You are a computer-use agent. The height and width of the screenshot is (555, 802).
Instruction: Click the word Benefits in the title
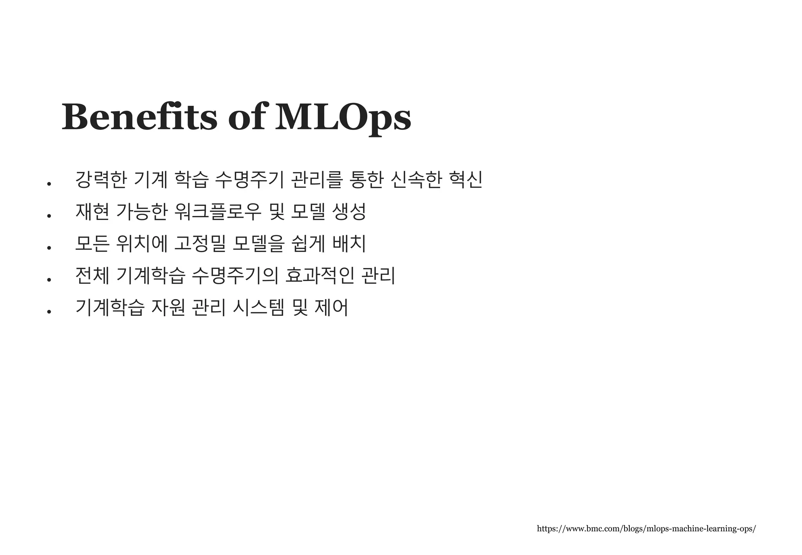139,117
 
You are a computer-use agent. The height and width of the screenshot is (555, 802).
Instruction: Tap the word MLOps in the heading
343,117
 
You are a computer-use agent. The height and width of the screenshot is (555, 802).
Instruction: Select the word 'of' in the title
246,117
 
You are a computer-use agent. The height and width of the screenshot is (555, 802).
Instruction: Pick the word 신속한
416,180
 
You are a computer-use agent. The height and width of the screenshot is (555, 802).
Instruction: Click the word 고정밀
199,244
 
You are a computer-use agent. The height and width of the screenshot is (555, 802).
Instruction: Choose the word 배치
349,244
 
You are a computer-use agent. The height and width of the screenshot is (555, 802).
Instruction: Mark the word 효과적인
320,276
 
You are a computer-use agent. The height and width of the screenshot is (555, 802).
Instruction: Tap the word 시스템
258,308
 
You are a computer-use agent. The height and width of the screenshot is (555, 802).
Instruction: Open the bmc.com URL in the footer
646,529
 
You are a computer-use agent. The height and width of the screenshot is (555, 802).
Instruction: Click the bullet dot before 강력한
49,184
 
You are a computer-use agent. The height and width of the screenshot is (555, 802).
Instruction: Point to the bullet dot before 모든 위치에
49,248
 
